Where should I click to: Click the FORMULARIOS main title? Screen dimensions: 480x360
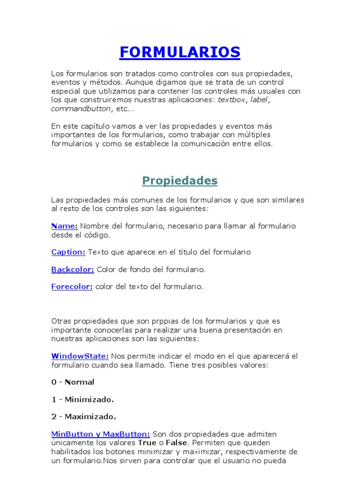[x=180, y=52]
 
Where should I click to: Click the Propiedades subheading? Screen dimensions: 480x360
[x=180, y=180]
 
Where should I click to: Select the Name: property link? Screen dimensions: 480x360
[x=64, y=226]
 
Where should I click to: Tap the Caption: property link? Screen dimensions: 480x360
[x=68, y=252]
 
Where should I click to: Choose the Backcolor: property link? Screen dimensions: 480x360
[x=73, y=270]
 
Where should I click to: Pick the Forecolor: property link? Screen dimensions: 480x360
[x=72, y=287]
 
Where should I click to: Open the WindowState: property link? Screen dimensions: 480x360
[x=80, y=356]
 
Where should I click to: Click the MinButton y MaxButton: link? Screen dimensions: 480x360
[x=100, y=434]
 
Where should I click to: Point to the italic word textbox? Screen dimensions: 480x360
[x=232, y=100]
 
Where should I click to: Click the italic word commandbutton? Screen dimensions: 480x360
[x=81, y=109]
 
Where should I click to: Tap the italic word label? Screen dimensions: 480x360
[x=259, y=100]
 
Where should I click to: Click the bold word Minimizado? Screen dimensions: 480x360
[x=89, y=399]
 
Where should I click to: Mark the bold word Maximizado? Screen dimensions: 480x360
[x=90, y=417]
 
